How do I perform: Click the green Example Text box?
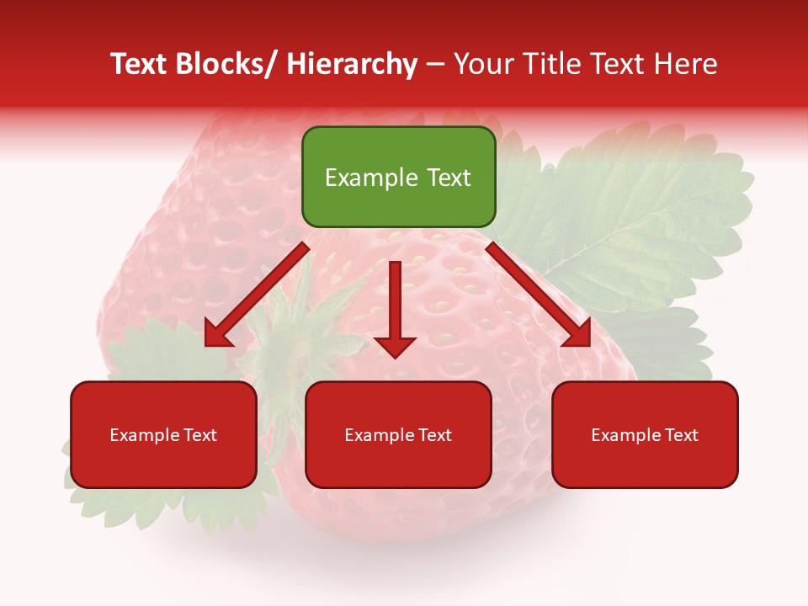(398, 177)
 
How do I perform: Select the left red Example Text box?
(163, 434)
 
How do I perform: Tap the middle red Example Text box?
(398, 434)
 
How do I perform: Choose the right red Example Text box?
(645, 434)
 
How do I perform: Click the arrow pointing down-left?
(258, 295)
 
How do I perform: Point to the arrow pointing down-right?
(537, 295)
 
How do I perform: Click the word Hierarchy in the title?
(352, 65)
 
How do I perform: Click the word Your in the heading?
(483, 65)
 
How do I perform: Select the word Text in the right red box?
(681, 435)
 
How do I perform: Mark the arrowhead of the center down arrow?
(396, 345)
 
